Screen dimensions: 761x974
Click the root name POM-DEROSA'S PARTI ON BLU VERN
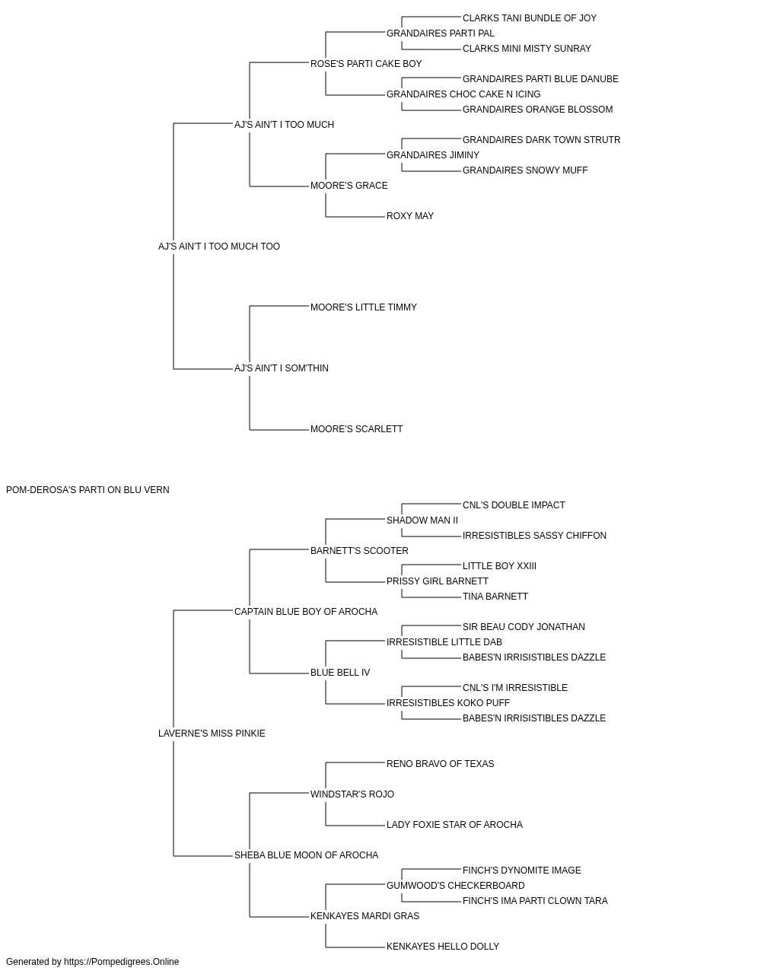(88, 490)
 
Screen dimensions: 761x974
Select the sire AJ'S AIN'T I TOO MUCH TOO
(218, 247)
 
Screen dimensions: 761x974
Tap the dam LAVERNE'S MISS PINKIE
(212, 734)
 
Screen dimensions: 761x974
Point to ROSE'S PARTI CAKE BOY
(366, 64)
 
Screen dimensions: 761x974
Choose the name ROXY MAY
(410, 216)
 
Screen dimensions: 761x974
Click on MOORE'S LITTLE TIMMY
(364, 307)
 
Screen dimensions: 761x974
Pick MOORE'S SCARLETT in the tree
(357, 429)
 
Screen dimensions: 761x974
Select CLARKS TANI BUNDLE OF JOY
(530, 18)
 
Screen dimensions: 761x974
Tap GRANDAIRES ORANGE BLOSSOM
(537, 110)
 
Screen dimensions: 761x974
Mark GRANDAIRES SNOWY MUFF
(525, 170)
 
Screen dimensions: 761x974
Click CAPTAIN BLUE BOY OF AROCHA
(306, 612)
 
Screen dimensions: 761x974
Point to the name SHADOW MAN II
(422, 520)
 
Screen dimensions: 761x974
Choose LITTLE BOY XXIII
(499, 566)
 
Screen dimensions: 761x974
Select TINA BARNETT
(495, 597)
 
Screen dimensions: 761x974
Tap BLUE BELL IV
(340, 673)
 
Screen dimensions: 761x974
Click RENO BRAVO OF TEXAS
(440, 764)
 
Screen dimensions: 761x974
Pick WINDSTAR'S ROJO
(352, 794)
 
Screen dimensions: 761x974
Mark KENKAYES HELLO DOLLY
(443, 946)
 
